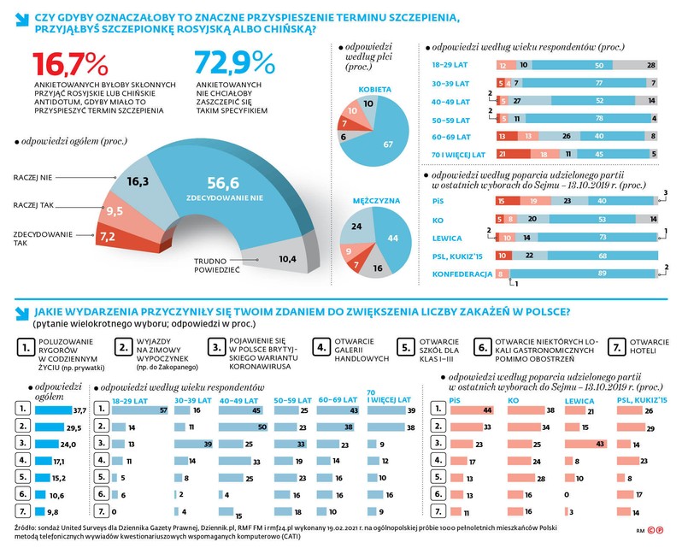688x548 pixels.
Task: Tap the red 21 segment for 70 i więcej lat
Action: pos(504,154)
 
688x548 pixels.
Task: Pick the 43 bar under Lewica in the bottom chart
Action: pos(585,443)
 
